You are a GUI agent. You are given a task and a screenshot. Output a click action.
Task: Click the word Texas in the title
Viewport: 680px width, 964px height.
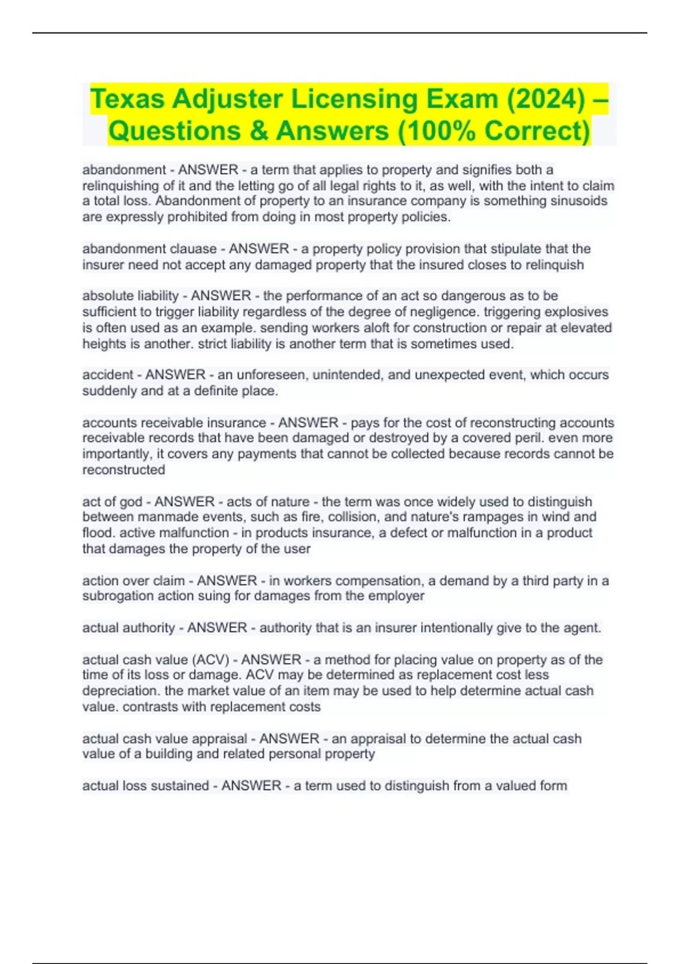[x=127, y=99]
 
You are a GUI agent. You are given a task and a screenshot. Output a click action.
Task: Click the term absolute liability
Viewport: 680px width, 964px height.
[x=130, y=296]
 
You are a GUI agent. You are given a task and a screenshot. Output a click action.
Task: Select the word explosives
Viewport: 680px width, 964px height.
[x=576, y=312]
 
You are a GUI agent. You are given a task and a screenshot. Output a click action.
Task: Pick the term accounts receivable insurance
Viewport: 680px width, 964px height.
[x=174, y=423]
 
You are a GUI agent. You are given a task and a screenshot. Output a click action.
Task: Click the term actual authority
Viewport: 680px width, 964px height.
[x=129, y=628]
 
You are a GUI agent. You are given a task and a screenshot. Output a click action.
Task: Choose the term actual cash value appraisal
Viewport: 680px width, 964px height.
[x=164, y=739]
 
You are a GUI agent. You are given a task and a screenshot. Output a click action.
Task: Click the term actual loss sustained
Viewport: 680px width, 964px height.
[x=146, y=786]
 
